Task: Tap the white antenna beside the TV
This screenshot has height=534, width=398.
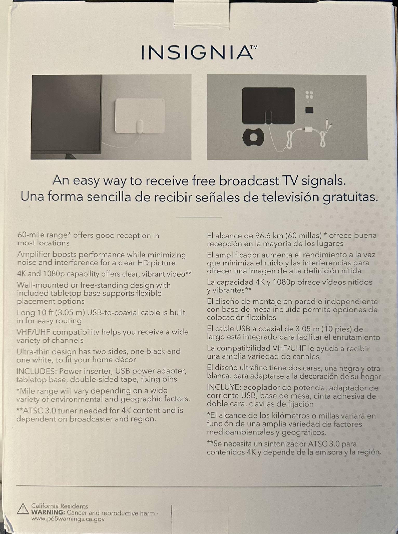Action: pos(140,116)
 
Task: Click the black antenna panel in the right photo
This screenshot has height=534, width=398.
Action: pos(268,106)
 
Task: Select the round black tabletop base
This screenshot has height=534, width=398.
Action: pos(253,137)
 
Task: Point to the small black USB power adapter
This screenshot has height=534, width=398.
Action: pos(309,110)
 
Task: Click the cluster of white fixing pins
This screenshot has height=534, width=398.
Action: pos(309,95)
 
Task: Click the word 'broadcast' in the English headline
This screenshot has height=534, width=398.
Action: pos(249,181)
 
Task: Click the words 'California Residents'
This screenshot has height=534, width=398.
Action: pos(59,506)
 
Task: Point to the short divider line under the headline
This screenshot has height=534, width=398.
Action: pos(199,217)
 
